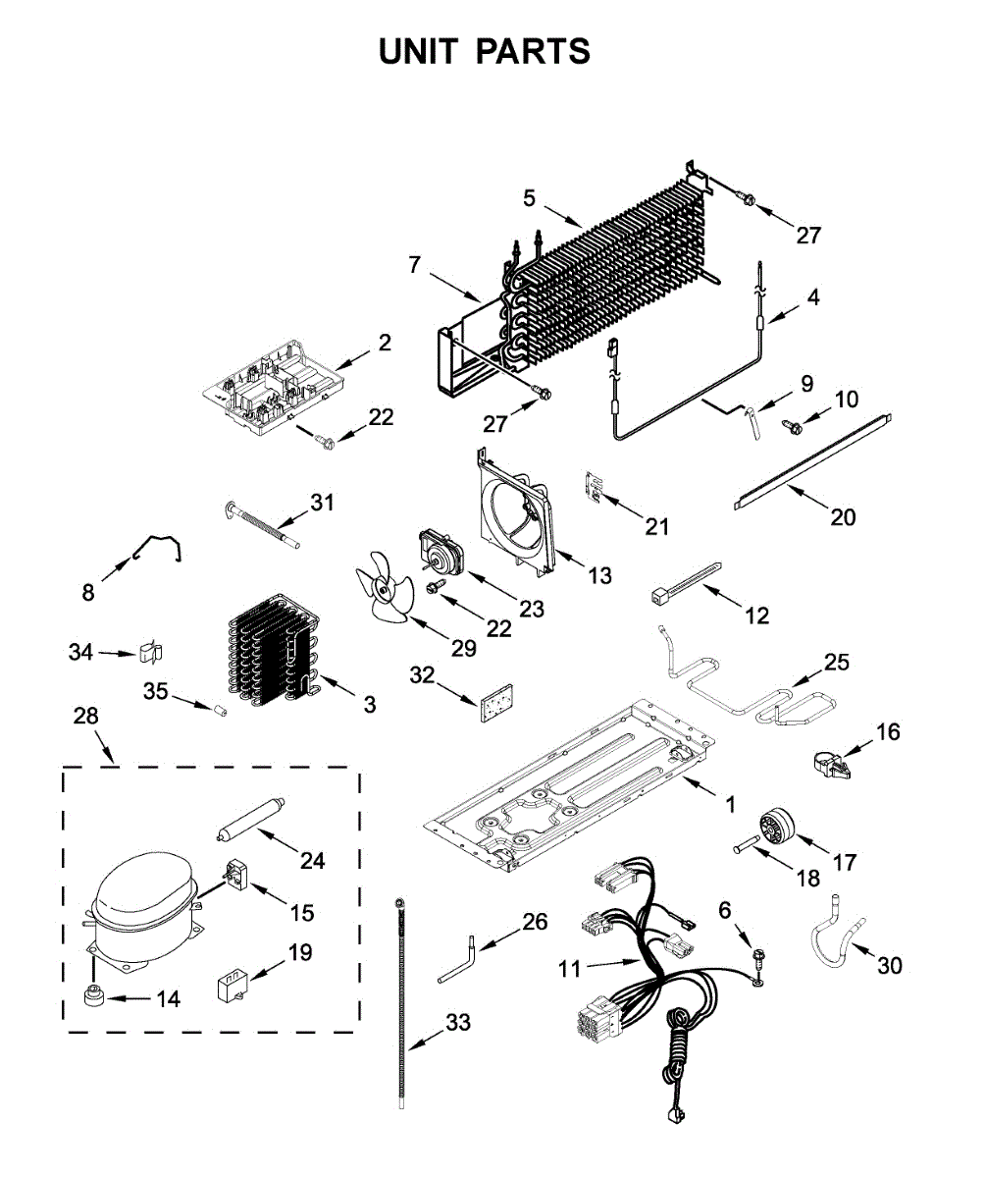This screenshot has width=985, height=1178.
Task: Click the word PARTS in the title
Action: coord(533,51)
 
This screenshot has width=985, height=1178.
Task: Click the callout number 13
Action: coord(599,576)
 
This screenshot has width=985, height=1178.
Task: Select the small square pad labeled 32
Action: coord(496,703)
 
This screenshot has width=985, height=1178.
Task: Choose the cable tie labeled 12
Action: coord(685,582)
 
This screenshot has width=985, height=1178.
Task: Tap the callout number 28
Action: coord(85,716)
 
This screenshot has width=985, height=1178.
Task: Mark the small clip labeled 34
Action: coord(150,652)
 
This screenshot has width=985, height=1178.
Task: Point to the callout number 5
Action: coord(528,198)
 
